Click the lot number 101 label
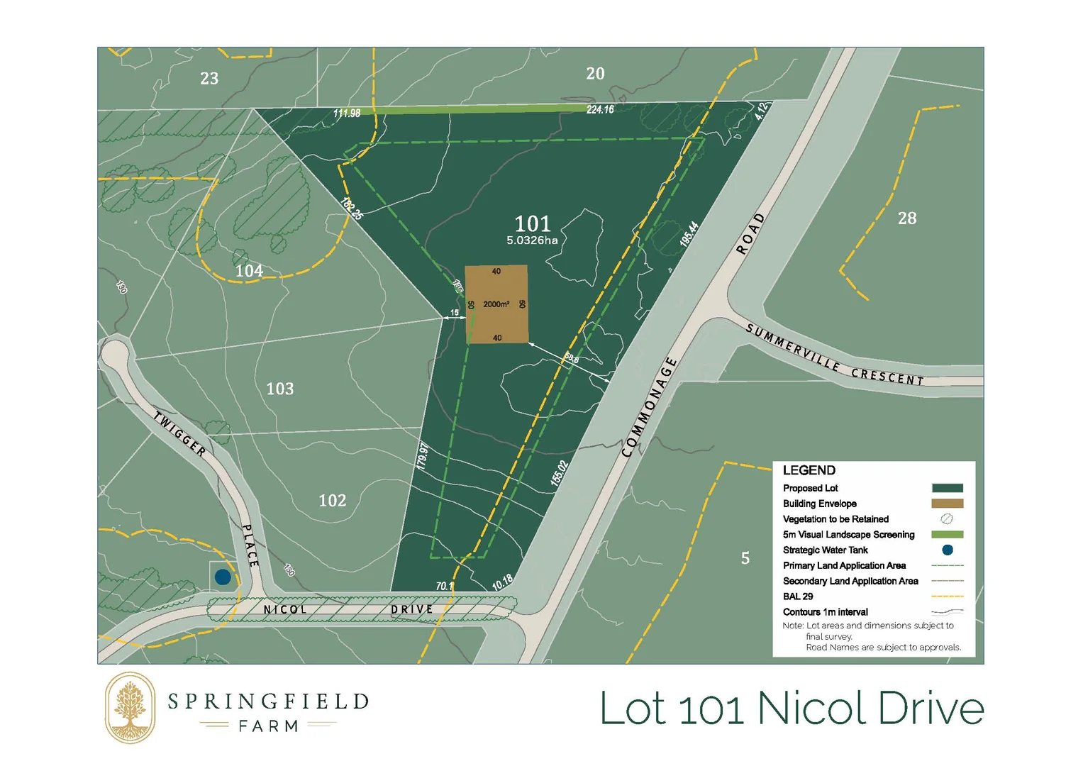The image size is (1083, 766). point(532,224)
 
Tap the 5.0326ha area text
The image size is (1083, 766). point(532,240)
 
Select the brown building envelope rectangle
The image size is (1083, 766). point(496,304)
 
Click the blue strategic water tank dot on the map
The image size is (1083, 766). point(223,577)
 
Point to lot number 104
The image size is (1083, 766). point(249,271)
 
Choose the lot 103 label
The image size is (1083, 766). point(279,389)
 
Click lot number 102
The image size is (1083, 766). point(332,501)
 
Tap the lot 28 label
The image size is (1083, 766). point(907,218)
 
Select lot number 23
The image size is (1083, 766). point(209,79)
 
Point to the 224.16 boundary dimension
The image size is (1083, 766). point(600,109)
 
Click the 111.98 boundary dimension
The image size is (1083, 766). point(347,113)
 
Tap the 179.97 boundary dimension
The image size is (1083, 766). point(423,456)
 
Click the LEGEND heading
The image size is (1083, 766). point(809,470)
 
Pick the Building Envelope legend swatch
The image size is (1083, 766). point(947,504)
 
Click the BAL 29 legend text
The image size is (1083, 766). point(798,596)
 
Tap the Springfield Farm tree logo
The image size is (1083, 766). point(130,708)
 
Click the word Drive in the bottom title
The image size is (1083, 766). point(931,709)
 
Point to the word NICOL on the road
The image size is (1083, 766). point(285,610)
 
